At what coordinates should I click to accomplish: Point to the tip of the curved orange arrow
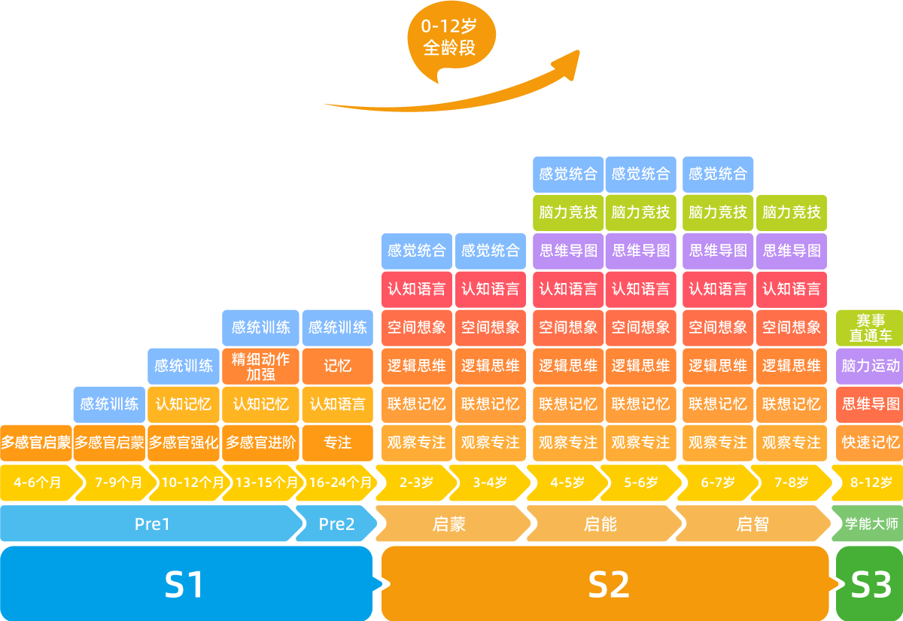[x=578, y=53]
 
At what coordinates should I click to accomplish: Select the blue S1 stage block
[x=185, y=584]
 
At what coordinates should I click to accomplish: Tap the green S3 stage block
[x=870, y=584]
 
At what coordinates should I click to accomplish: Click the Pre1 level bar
[x=152, y=524]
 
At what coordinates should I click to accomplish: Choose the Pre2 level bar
[x=336, y=524]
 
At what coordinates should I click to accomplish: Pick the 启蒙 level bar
[x=449, y=524]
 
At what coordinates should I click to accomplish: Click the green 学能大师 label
[x=871, y=524]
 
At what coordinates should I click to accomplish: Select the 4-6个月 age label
[x=38, y=482]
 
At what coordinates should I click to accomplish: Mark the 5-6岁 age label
[x=640, y=482]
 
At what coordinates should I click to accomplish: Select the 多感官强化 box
[x=184, y=443]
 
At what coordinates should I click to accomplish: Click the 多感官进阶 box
[x=260, y=443]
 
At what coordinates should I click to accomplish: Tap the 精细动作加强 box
[x=260, y=365]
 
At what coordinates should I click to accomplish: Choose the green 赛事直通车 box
[x=870, y=328]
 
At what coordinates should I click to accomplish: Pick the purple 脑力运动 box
[x=870, y=366]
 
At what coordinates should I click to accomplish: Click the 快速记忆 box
[x=870, y=443]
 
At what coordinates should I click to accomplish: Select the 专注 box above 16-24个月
[x=338, y=443]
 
